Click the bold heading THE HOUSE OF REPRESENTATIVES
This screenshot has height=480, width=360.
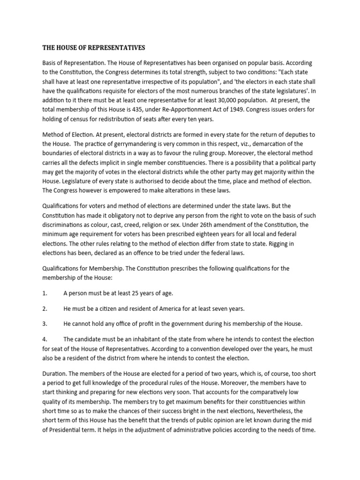click(x=94, y=48)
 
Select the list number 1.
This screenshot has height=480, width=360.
click(x=45, y=293)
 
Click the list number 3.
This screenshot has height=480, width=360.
click(x=45, y=324)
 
